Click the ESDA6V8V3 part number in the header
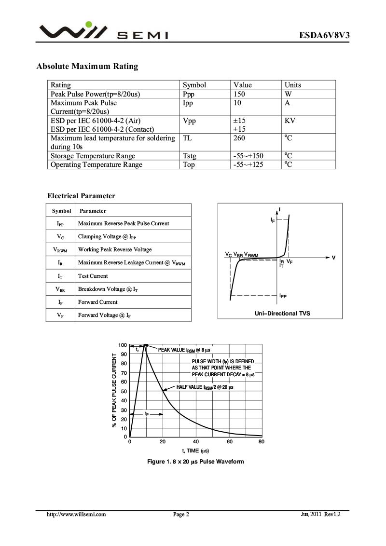pos(324,35)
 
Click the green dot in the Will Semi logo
pos(88,24)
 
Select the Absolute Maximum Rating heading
pos(87,66)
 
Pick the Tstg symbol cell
pos(190,156)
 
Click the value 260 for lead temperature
pos(239,138)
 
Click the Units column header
pos(292,85)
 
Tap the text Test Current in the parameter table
pos(93,276)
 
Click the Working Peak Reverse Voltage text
pos(115,249)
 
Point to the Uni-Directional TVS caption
pos(282,314)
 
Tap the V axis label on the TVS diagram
pos(333,258)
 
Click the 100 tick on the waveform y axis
pos(122,345)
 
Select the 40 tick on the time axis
pos(196,441)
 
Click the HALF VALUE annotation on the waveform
pos(205,387)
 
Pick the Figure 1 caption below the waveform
pos(195,462)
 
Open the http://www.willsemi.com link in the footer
pos(76,515)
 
